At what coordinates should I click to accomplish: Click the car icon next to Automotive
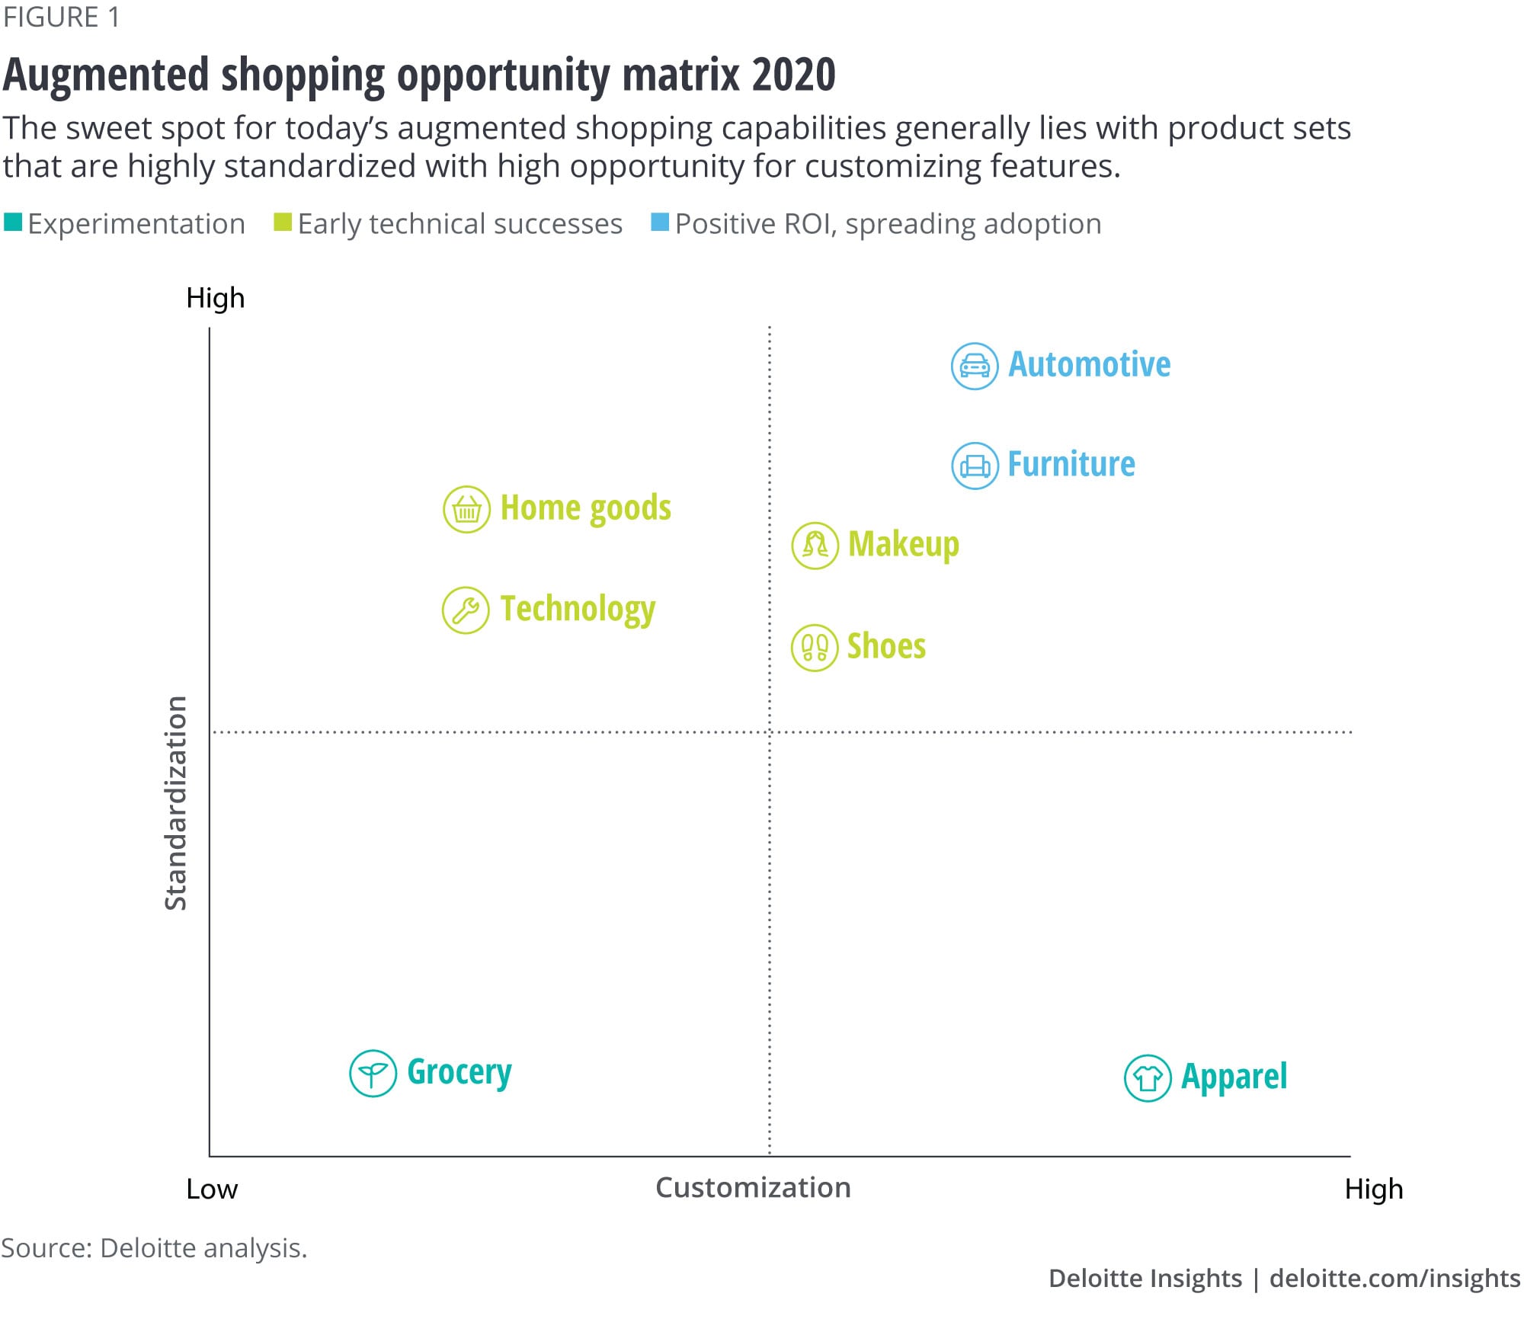tap(975, 367)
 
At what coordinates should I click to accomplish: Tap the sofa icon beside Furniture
tap(975, 466)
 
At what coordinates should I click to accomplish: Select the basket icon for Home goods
tap(466, 509)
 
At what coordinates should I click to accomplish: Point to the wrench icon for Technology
tap(466, 610)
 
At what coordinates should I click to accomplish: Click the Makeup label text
tap(903, 545)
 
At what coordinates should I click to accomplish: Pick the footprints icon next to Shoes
tap(815, 648)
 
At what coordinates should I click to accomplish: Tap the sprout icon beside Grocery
tap(373, 1074)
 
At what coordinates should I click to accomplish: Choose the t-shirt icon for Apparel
tap(1148, 1078)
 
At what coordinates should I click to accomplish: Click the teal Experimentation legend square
tap(13, 223)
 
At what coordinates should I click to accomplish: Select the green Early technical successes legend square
tap(283, 223)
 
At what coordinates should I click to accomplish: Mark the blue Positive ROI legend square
tap(660, 223)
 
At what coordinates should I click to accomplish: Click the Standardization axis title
tap(176, 803)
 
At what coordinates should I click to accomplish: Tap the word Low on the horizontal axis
tap(212, 1189)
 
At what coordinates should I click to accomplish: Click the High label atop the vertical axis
tap(216, 298)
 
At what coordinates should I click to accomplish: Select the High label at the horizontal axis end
tap(1374, 1189)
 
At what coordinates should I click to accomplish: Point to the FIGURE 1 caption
tap(61, 18)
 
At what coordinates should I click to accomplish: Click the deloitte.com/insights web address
tap(1394, 1279)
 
